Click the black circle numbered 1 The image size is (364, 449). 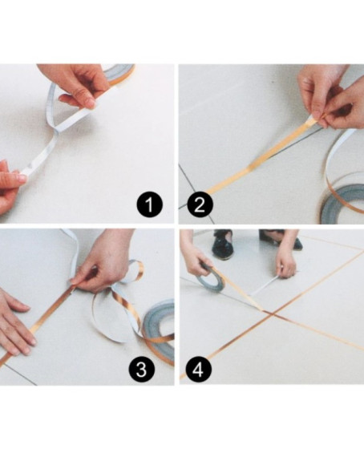pos(149,204)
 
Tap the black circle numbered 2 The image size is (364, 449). pos(200,204)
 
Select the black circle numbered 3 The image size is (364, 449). pos(141,369)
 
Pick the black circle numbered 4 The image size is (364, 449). pos(199,369)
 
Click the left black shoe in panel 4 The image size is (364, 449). pos(222,244)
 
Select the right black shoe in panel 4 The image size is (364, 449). pos(279,238)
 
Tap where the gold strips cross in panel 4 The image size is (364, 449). pos(271,314)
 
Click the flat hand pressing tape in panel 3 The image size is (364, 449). pos(16,322)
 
